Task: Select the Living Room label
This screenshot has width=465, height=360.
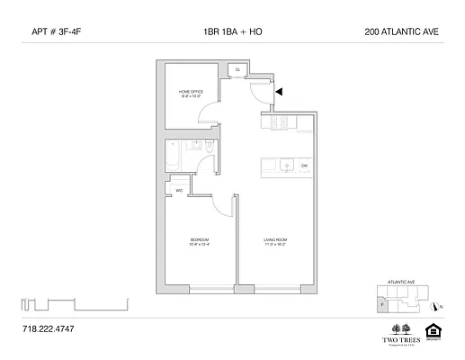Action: tap(275, 241)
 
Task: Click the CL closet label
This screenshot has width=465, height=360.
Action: tap(238, 69)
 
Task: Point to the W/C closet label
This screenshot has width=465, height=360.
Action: tap(180, 190)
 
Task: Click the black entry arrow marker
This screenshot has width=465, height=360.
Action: tap(280, 91)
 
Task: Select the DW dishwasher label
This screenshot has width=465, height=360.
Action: tap(305, 166)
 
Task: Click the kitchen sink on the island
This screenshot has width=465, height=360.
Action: tap(283, 166)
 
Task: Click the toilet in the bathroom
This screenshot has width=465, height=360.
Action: tap(209, 148)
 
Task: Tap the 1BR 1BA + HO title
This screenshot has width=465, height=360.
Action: tap(233, 32)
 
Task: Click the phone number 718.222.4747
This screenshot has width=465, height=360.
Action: tap(47, 329)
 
